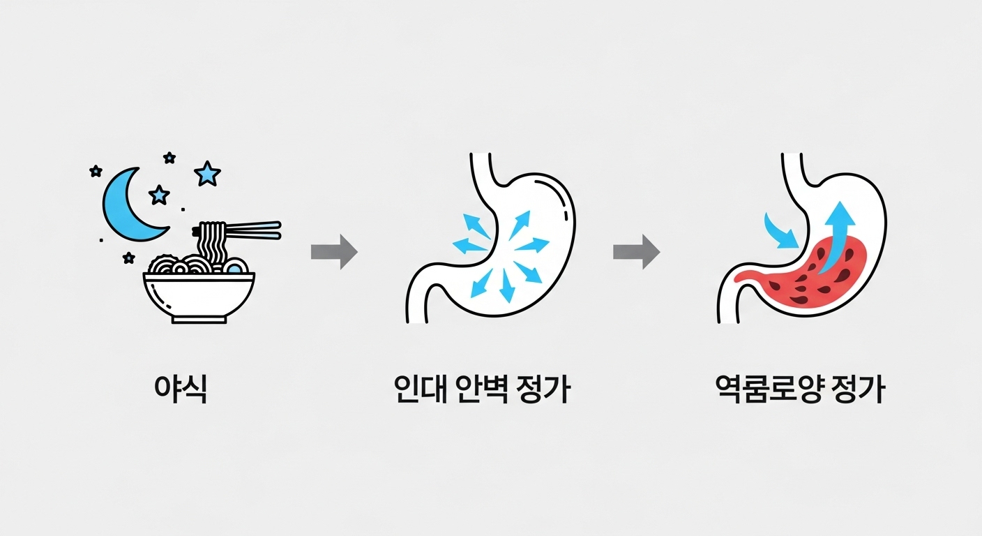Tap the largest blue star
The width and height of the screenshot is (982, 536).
[x=207, y=173]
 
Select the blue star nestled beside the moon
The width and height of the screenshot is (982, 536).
[x=160, y=195]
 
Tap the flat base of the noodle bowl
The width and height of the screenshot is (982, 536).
[x=199, y=320]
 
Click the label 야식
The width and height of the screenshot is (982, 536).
[x=180, y=390]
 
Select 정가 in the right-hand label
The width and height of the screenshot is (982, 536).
[x=859, y=390]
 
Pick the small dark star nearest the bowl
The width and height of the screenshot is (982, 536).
[x=128, y=258]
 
